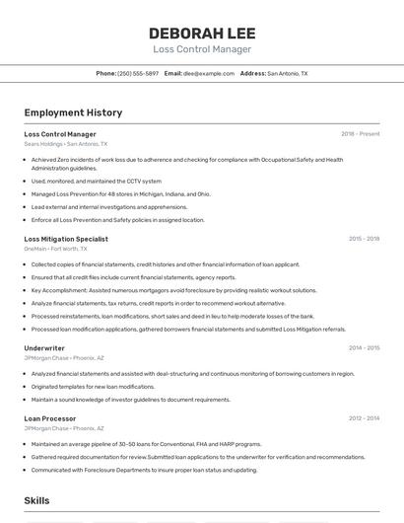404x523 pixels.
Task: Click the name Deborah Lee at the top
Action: pos(201,33)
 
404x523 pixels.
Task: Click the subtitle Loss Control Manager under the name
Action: pos(201,49)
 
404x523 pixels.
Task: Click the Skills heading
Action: pos(37,501)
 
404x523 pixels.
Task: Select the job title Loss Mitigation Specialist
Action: pos(66,239)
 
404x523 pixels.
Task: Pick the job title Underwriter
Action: pos(44,348)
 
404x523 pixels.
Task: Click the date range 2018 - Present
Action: pos(360,134)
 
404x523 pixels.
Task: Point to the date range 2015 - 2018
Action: pos(364,239)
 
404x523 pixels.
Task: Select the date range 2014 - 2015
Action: pos(364,348)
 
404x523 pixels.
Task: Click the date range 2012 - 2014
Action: pos(364,418)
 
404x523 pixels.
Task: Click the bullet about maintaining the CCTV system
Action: pos(97,182)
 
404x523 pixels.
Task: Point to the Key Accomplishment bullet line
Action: pos(173,291)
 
